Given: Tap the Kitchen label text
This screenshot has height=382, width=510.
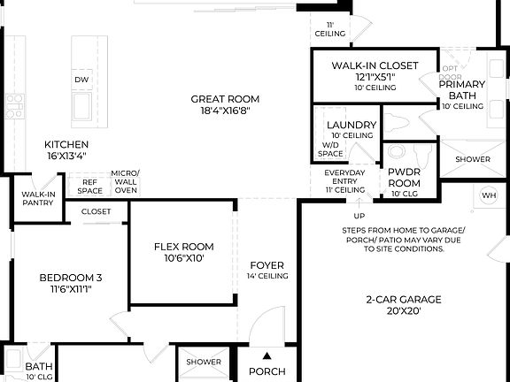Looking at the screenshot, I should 67,144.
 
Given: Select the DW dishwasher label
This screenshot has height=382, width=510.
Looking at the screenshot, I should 81,80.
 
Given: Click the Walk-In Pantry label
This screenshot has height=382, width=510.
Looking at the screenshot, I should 38,198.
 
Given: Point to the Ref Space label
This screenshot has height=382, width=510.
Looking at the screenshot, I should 89,186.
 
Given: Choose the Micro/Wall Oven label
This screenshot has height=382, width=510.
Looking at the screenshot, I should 125,181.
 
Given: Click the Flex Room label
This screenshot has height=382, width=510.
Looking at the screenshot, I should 183,247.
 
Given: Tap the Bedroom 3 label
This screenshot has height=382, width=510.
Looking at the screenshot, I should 66,279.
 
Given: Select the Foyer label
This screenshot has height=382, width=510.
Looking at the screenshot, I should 267,265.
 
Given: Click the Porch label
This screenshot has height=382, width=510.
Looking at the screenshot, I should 267,371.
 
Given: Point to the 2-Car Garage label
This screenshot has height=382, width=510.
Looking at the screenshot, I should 403,299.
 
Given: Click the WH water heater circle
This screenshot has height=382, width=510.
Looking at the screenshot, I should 489,195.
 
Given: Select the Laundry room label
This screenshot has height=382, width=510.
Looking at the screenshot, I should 351,125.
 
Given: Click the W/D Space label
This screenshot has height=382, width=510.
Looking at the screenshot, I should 330,149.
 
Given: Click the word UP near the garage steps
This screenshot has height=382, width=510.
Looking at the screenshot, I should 359,216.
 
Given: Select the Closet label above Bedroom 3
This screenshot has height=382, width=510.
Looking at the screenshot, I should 96,211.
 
